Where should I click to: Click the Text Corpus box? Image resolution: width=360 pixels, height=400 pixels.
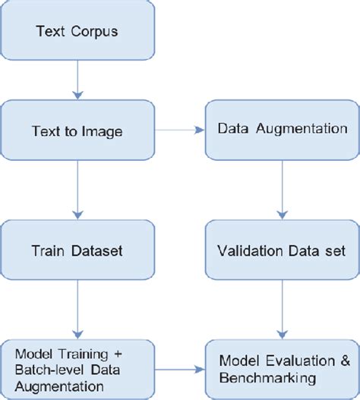77,33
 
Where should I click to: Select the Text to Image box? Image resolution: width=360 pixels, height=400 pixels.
77,131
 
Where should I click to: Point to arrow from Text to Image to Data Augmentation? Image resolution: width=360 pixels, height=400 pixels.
179,131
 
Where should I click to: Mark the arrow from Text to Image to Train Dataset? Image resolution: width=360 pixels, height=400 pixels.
77,190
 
